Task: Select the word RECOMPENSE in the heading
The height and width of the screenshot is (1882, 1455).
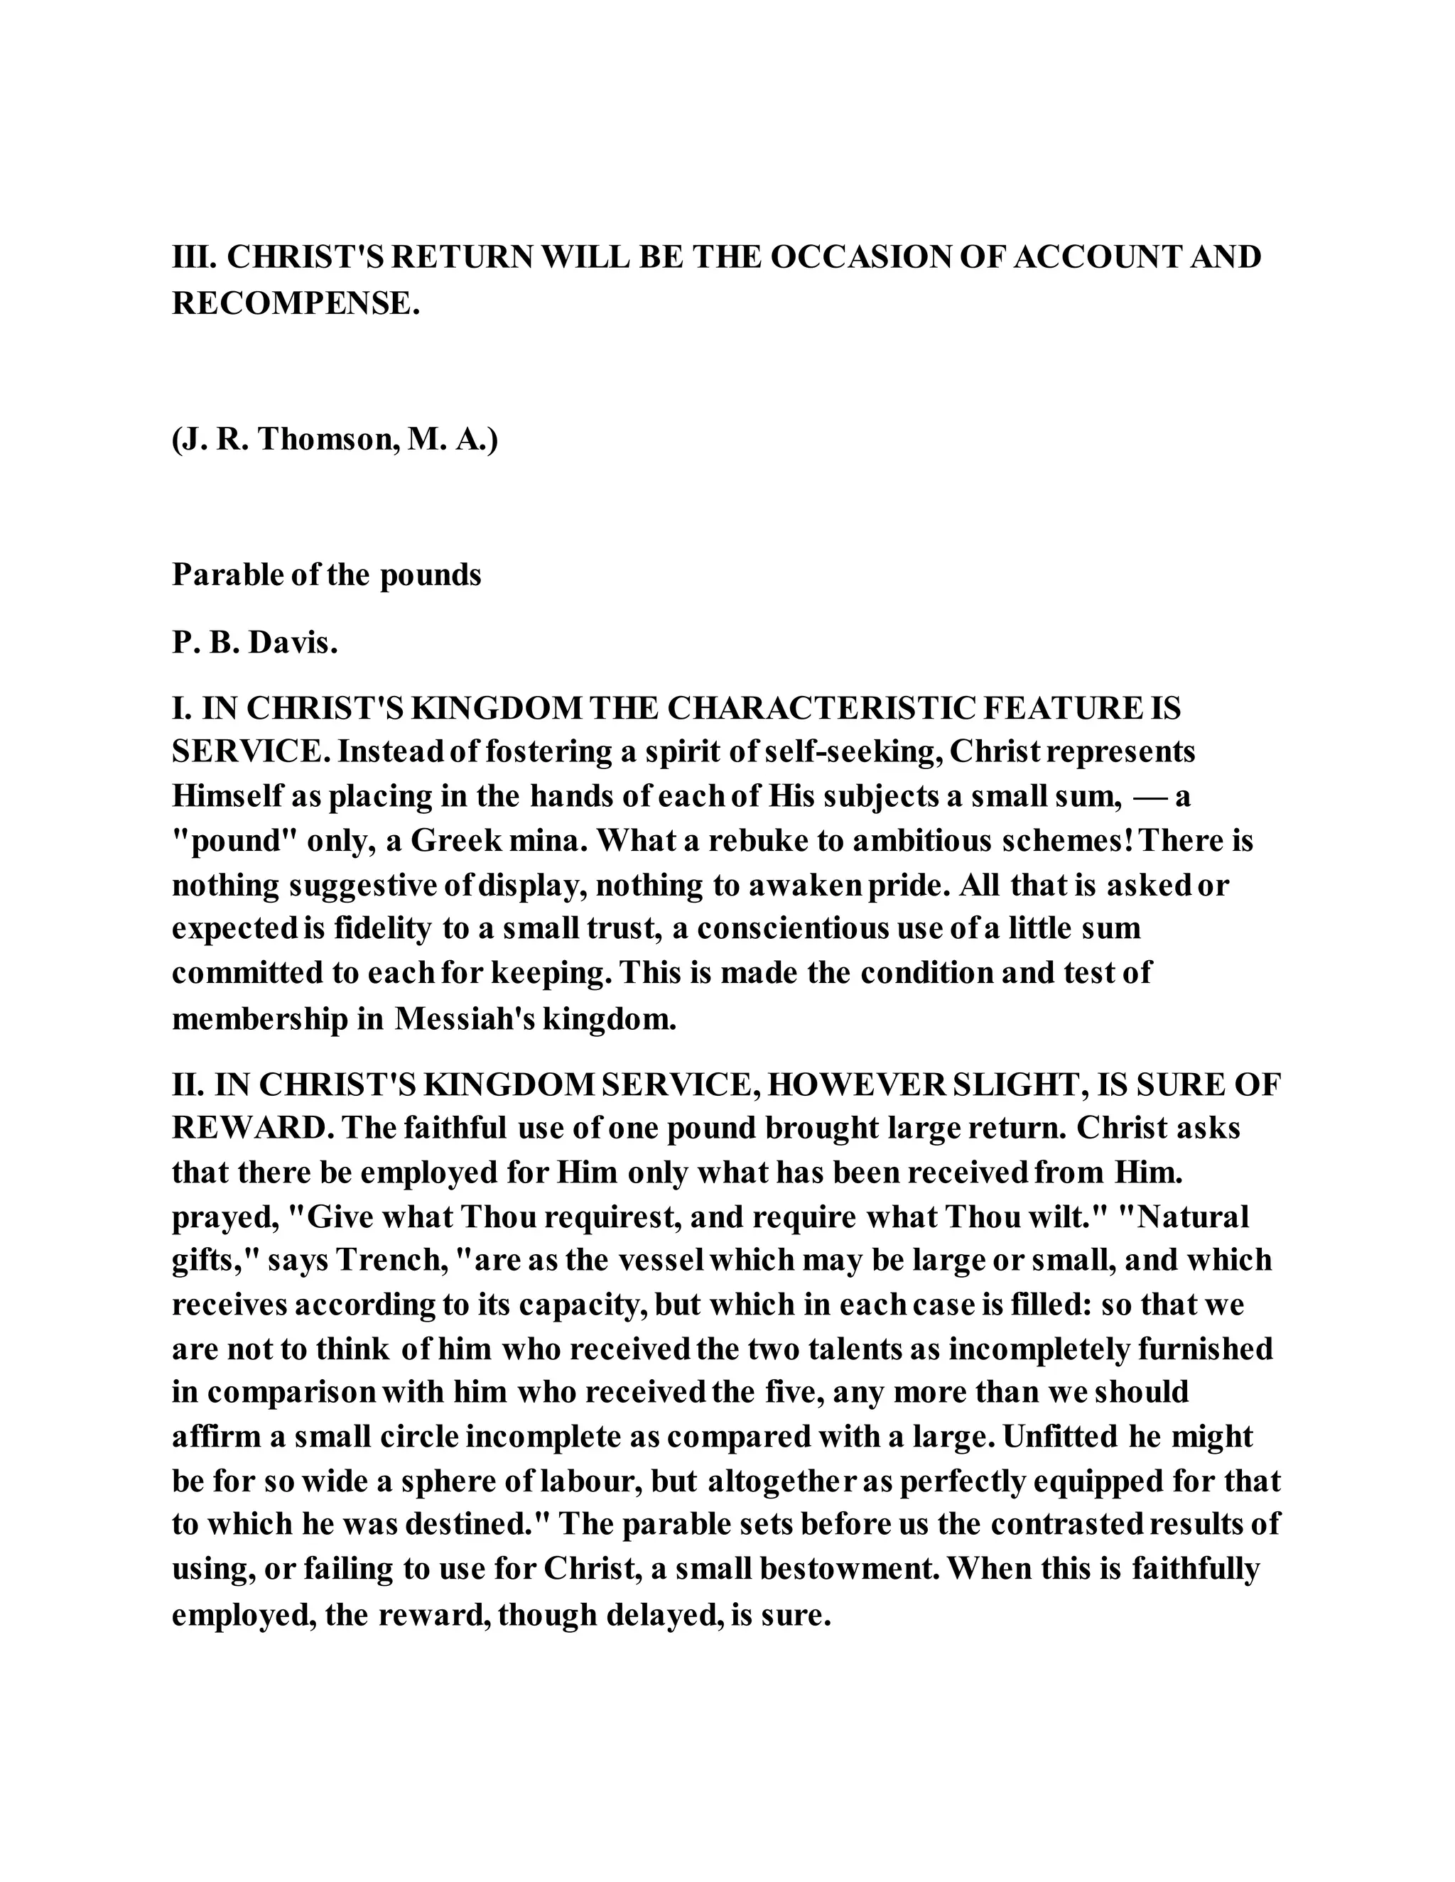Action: click(294, 303)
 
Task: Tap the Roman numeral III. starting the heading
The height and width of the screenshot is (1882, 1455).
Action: click(194, 257)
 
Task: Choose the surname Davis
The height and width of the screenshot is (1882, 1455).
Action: click(293, 643)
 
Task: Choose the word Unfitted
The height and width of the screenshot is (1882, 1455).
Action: click(1064, 1437)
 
